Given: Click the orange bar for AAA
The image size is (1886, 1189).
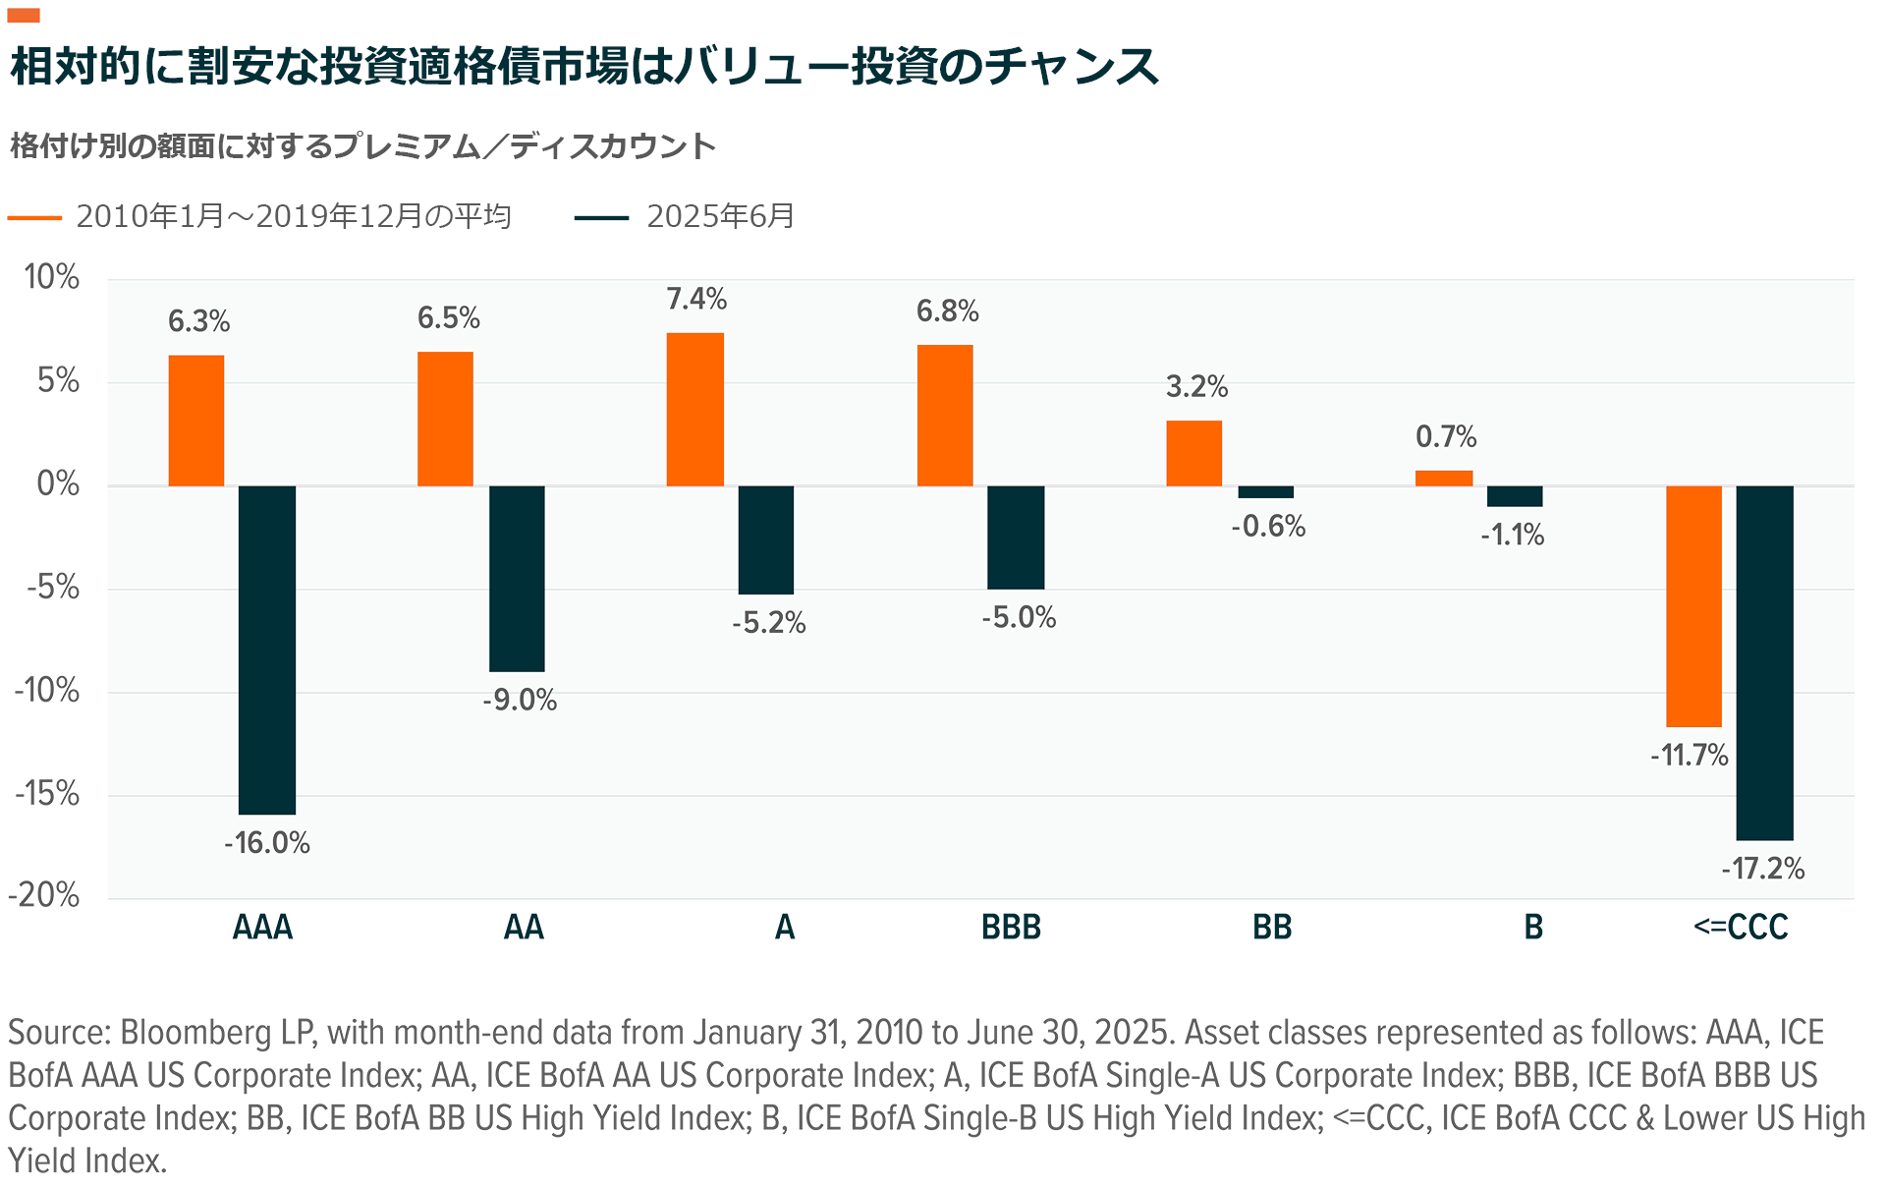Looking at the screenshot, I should pyautogui.click(x=196, y=421).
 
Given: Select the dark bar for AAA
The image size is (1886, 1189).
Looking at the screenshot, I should pyautogui.click(x=267, y=650).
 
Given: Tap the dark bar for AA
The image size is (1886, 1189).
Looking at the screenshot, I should pyautogui.click(x=517, y=578).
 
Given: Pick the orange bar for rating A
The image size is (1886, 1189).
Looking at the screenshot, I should pyautogui.click(x=695, y=409).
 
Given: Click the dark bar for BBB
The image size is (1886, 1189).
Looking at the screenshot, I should pyautogui.click(x=1016, y=537).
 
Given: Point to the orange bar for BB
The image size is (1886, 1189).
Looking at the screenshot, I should pyautogui.click(x=1193, y=453).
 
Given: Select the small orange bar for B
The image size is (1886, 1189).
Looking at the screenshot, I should pyautogui.click(x=1444, y=479).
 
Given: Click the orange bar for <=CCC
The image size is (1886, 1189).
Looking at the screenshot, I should pyautogui.click(x=1693, y=605).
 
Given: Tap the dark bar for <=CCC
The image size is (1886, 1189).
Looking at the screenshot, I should pyautogui.click(x=1764, y=662).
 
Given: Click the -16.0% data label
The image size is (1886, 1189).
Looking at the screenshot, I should pyautogui.click(x=267, y=843).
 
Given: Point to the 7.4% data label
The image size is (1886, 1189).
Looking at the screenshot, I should pyautogui.click(x=696, y=299).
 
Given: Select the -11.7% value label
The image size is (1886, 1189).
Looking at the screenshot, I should pyautogui.click(x=1689, y=755).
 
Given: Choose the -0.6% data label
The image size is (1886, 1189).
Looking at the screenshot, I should pyautogui.click(x=1268, y=527).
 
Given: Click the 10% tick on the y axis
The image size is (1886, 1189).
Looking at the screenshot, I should pyautogui.click(x=52, y=277).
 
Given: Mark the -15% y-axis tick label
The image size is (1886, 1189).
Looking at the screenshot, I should pyautogui.click(x=47, y=793).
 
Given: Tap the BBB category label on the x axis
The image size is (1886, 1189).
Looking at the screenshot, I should pyautogui.click(x=1011, y=927).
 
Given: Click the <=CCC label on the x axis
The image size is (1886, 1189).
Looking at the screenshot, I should pyautogui.click(x=1741, y=927).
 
